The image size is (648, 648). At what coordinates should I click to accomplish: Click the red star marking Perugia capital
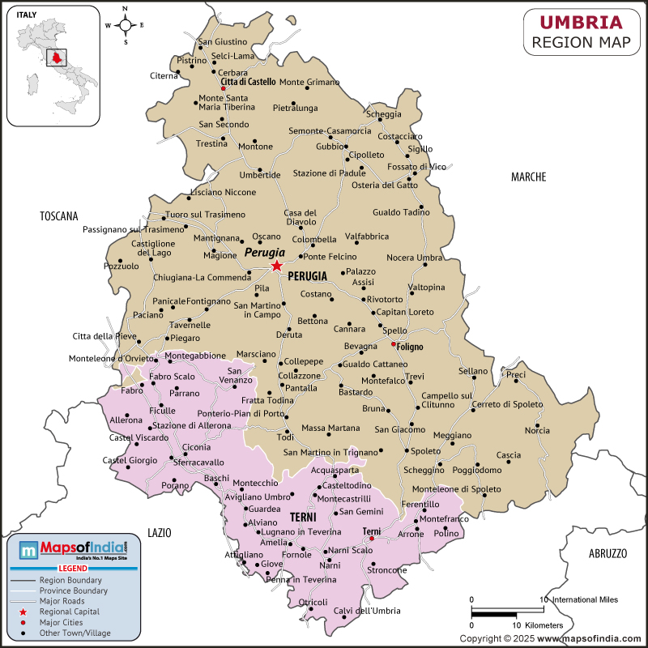pyautogui.click(x=277, y=266)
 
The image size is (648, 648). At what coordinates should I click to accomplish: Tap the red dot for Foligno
pyautogui.click(x=394, y=344)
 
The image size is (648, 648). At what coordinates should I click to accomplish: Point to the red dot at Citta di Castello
pyautogui.click(x=224, y=89)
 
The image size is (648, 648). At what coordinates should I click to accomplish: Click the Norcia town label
pyautogui.click(x=538, y=430)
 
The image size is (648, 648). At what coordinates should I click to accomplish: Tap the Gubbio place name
pyautogui.click(x=330, y=147)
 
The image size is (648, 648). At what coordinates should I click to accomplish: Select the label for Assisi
pyautogui.click(x=363, y=283)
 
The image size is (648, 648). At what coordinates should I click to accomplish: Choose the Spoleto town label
pyautogui.click(x=426, y=451)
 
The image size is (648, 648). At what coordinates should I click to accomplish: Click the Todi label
pyautogui.click(x=286, y=437)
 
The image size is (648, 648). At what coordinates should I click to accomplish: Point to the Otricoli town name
pyautogui.click(x=313, y=602)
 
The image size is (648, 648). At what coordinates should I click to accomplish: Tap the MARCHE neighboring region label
pyautogui.click(x=528, y=177)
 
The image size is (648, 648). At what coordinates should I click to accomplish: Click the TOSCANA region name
pyautogui.click(x=58, y=216)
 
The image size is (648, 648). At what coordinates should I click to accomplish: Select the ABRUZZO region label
pyautogui.click(x=607, y=553)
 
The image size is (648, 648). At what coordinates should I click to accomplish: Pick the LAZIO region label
pyautogui.click(x=160, y=532)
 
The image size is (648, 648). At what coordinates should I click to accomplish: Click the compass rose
pyautogui.click(x=126, y=25)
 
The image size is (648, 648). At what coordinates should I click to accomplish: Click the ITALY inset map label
pyautogui.click(x=26, y=14)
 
